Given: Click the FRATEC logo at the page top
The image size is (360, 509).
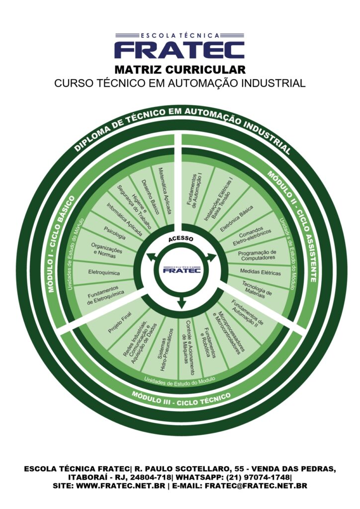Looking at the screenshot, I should pos(180,46).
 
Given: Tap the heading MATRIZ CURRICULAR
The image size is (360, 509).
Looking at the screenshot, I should pos(180,69).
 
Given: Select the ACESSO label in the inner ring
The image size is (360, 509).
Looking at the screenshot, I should pos(180,239).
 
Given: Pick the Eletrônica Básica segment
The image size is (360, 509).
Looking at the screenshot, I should pos(236,219).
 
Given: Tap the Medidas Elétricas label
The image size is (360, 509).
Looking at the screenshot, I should pos(260,273).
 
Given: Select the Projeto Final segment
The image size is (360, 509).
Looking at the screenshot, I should pos(119,323).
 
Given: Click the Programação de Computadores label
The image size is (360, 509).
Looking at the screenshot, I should pos(257,255).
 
